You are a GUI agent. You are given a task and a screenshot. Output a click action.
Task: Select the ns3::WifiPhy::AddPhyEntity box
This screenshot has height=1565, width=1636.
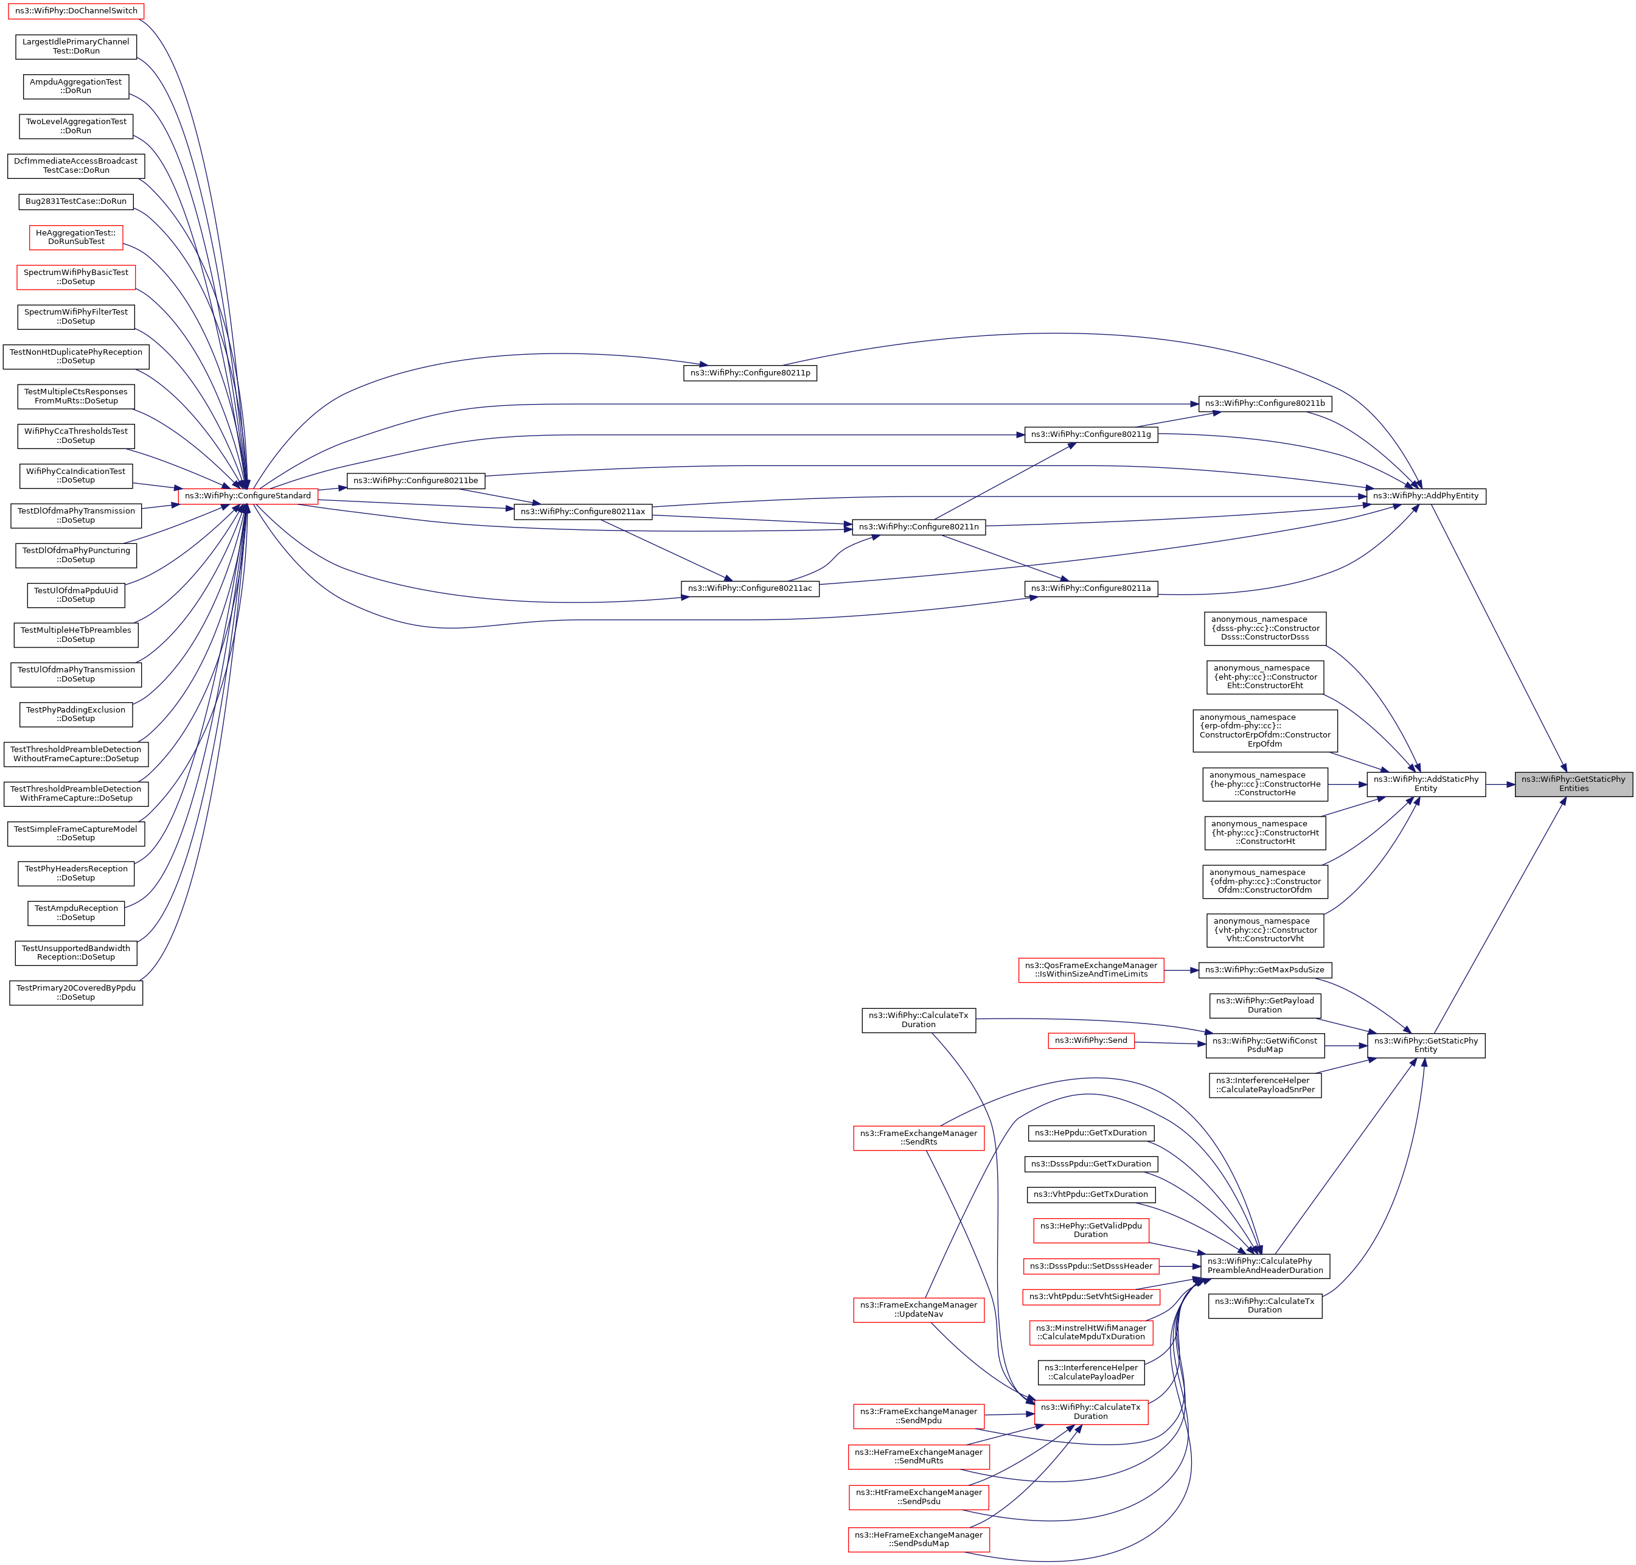tap(1425, 495)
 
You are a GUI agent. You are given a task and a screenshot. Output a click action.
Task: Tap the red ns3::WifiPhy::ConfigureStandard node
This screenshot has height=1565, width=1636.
tap(248, 495)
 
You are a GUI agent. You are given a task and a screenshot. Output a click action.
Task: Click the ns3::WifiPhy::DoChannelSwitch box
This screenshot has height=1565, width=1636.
tap(76, 11)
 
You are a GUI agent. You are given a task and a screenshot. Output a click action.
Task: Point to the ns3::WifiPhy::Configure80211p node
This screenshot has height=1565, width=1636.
tap(749, 373)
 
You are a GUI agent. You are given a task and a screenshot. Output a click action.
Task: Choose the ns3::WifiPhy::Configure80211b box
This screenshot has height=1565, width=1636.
tap(1264, 404)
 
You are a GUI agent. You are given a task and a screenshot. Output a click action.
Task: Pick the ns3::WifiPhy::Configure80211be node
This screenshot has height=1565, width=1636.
tap(416, 481)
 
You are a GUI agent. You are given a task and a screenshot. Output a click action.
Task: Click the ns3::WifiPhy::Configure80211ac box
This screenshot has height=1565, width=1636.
tap(749, 588)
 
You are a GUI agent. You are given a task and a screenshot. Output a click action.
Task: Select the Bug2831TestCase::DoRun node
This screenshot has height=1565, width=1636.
tap(76, 201)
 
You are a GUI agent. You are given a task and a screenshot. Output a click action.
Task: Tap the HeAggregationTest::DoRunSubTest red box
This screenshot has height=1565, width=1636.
tap(76, 237)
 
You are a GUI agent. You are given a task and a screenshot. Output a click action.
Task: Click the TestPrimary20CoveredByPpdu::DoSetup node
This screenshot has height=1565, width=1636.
tap(76, 992)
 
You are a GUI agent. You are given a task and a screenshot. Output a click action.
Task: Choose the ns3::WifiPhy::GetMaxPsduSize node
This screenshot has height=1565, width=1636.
tap(1264, 969)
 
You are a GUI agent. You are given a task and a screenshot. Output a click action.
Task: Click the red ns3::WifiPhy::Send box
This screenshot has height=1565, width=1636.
tap(1090, 1040)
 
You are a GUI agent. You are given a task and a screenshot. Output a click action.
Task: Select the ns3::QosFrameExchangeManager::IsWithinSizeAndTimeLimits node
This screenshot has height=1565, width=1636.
tap(1090, 969)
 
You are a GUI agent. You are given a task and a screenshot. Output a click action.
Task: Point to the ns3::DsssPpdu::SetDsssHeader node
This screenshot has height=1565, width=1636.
tap(1090, 1266)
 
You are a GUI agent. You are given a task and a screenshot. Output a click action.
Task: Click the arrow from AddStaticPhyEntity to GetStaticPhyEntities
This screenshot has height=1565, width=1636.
tap(1500, 784)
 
